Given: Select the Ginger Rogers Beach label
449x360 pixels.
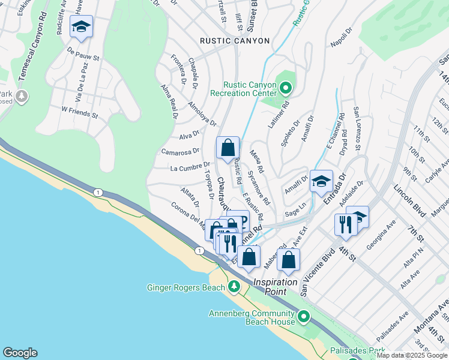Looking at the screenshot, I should click(185, 288).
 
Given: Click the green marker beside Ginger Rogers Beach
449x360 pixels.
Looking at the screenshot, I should click(233, 288).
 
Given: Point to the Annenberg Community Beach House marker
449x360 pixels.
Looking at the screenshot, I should click(304, 316).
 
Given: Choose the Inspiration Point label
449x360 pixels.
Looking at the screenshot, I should click(275, 283).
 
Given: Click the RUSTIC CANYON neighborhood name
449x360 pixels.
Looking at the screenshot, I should click(235, 41).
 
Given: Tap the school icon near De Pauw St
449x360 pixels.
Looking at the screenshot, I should click(82, 27).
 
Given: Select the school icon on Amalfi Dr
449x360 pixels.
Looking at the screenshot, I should click(321, 181).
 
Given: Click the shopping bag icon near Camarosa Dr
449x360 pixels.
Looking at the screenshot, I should click(228, 148).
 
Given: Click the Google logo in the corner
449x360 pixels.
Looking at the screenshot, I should click(20, 353).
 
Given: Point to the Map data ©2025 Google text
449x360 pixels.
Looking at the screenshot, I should click(412, 355).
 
